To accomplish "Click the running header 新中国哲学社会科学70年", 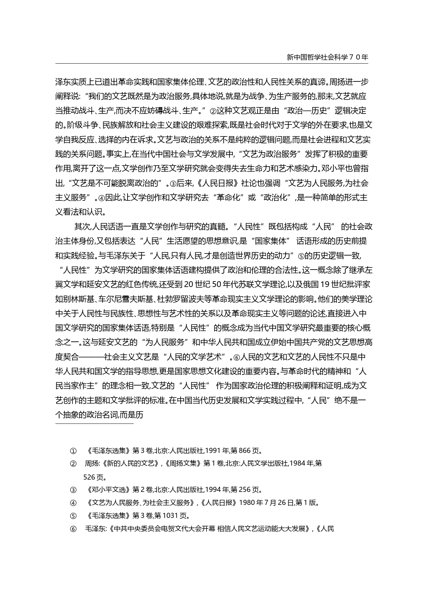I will pos(327,57).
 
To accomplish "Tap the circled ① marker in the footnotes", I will pos(73,451).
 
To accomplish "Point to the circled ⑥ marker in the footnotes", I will pos(73,529).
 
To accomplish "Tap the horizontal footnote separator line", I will pos(94,423).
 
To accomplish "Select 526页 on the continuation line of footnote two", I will pos(95,477).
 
